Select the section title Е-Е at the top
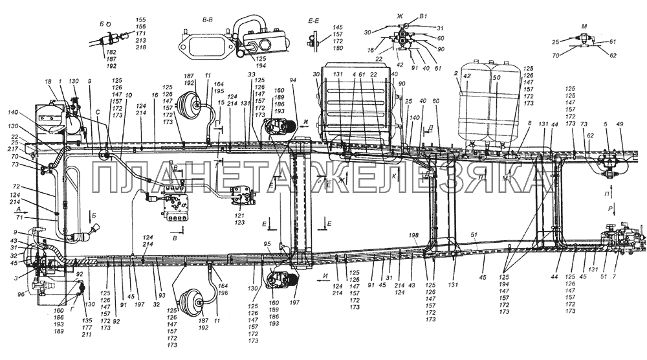click(315, 21)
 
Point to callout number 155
click(142, 20)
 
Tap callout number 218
click(142, 48)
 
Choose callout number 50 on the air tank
click(497, 76)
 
